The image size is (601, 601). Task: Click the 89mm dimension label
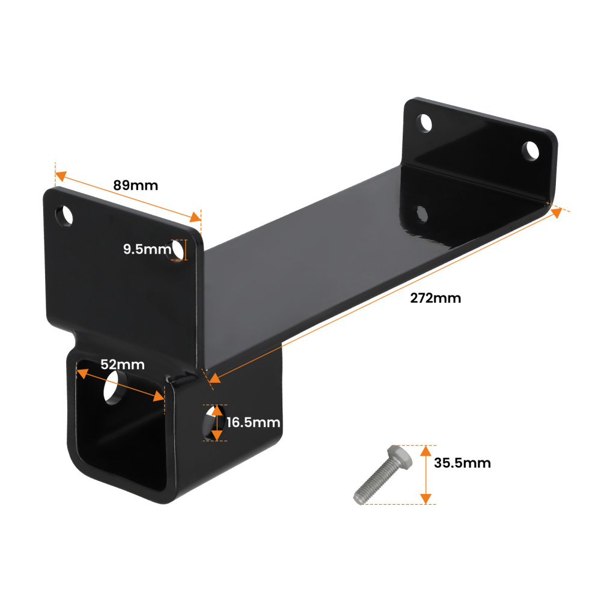click(136, 185)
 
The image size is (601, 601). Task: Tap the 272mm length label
click(436, 297)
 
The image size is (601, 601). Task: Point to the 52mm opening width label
click(123, 364)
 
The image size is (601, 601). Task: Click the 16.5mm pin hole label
click(254, 423)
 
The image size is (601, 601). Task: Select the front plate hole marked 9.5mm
click(178, 249)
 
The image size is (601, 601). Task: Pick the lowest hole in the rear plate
click(422, 213)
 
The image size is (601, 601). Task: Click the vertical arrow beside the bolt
click(426, 474)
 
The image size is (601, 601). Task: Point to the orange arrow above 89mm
click(127, 197)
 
